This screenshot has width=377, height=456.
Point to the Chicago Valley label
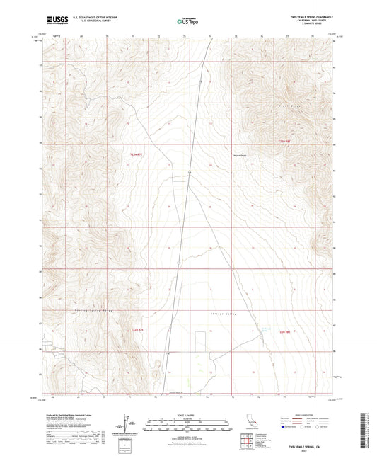point(221,313)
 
